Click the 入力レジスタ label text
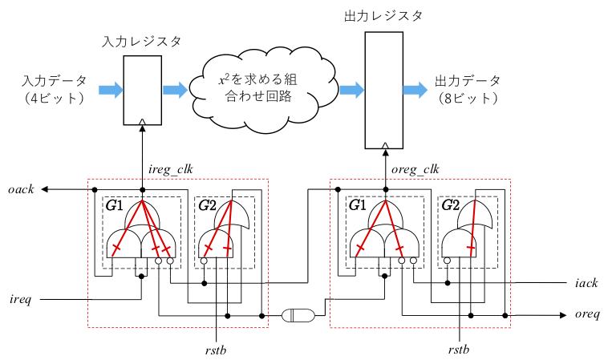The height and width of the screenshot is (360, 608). coord(142,41)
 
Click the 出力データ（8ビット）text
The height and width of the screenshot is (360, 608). coord(468,90)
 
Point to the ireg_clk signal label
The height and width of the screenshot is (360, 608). coord(172,169)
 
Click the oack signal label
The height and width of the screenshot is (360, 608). coord(21,189)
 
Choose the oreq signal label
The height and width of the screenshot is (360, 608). coord(586,315)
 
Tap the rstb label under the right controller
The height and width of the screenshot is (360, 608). coord(459,349)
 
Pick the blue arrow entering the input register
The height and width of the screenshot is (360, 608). coord(111,89)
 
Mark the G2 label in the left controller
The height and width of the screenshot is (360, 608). coord(207,205)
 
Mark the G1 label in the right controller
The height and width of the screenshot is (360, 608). coord(358,205)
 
